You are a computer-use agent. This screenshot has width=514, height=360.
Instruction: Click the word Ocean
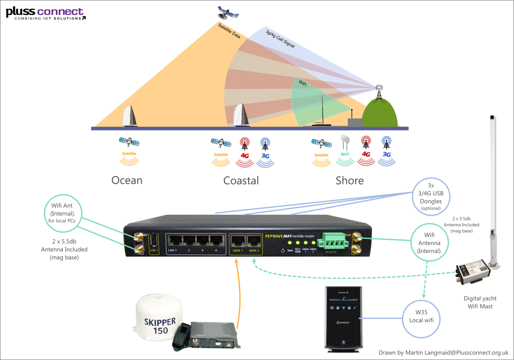pos(127,180)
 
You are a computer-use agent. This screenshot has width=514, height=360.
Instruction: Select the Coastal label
pos(241,180)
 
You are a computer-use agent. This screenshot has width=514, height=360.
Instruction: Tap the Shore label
pos(349,180)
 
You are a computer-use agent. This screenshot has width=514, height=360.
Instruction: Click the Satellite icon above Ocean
pos(129,152)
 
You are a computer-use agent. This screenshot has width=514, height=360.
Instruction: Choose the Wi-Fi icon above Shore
pos(345,150)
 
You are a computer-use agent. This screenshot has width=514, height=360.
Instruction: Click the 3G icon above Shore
pos(386,151)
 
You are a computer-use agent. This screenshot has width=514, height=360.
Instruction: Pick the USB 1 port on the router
pos(154,242)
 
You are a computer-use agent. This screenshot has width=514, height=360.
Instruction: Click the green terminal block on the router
pos(334,241)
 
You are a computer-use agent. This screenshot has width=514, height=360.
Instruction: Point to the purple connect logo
pos(60,12)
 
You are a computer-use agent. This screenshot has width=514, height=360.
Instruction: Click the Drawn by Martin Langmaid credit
pos(443,353)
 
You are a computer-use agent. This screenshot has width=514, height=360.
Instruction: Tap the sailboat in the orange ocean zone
pos(129,117)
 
